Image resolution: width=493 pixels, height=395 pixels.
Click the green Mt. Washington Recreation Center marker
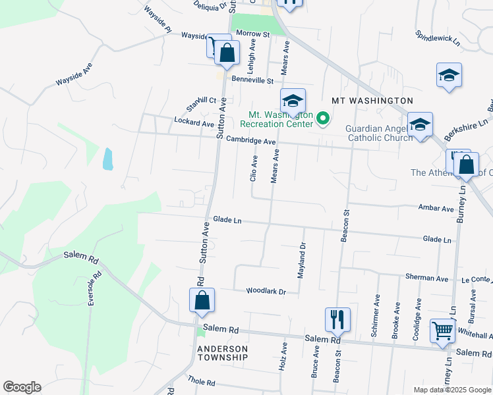tap(323, 119)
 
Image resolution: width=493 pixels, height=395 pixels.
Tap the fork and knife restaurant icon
tap(337, 320)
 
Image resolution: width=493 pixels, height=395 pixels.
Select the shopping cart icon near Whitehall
tap(442, 331)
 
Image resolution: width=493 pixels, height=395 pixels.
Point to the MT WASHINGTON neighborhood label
tap(372, 101)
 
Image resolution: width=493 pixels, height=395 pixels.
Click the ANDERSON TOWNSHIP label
tap(222, 353)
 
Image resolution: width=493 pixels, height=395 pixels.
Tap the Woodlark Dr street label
tap(266, 291)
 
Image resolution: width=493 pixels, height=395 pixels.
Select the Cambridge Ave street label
tap(250, 141)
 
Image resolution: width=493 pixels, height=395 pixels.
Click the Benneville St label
tap(247, 80)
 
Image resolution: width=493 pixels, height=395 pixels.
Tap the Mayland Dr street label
tap(301, 260)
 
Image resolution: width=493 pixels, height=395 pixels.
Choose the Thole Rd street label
tap(202, 382)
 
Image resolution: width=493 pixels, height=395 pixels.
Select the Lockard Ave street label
tap(194, 122)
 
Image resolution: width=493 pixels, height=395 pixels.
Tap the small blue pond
tap(107, 159)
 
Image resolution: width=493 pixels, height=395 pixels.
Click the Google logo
tap(22, 387)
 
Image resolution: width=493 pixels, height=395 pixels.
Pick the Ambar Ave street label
tap(436, 208)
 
